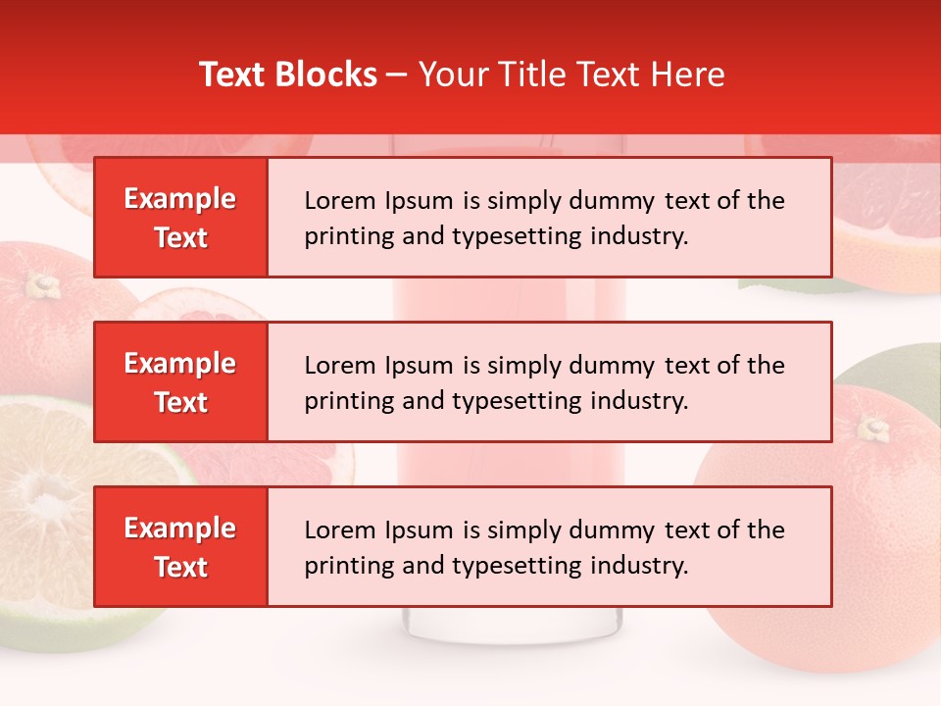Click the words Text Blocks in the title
pyautogui.click(x=287, y=75)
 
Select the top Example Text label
pyautogui.click(x=180, y=218)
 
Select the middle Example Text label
pyautogui.click(x=180, y=382)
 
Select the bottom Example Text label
pyautogui.click(x=180, y=547)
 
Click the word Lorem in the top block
pyautogui.click(x=339, y=201)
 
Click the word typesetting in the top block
pyautogui.click(x=516, y=236)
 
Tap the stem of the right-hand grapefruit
pyautogui.click(x=871, y=429)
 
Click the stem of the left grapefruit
pyautogui.click(x=41, y=285)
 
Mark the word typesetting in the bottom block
pyautogui.click(x=516, y=566)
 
